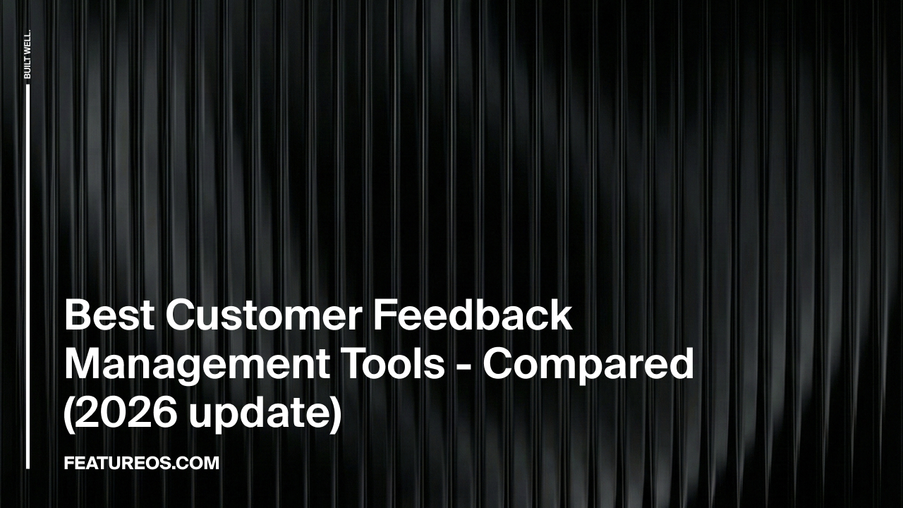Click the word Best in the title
(x=109, y=315)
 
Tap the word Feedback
(x=472, y=315)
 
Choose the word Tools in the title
(x=396, y=364)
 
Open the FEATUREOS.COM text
(x=141, y=464)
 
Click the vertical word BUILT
(x=28, y=66)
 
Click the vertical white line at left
(x=28, y=275)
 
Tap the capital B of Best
(x=75, y=315)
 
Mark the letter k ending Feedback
(x=561, y=315)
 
